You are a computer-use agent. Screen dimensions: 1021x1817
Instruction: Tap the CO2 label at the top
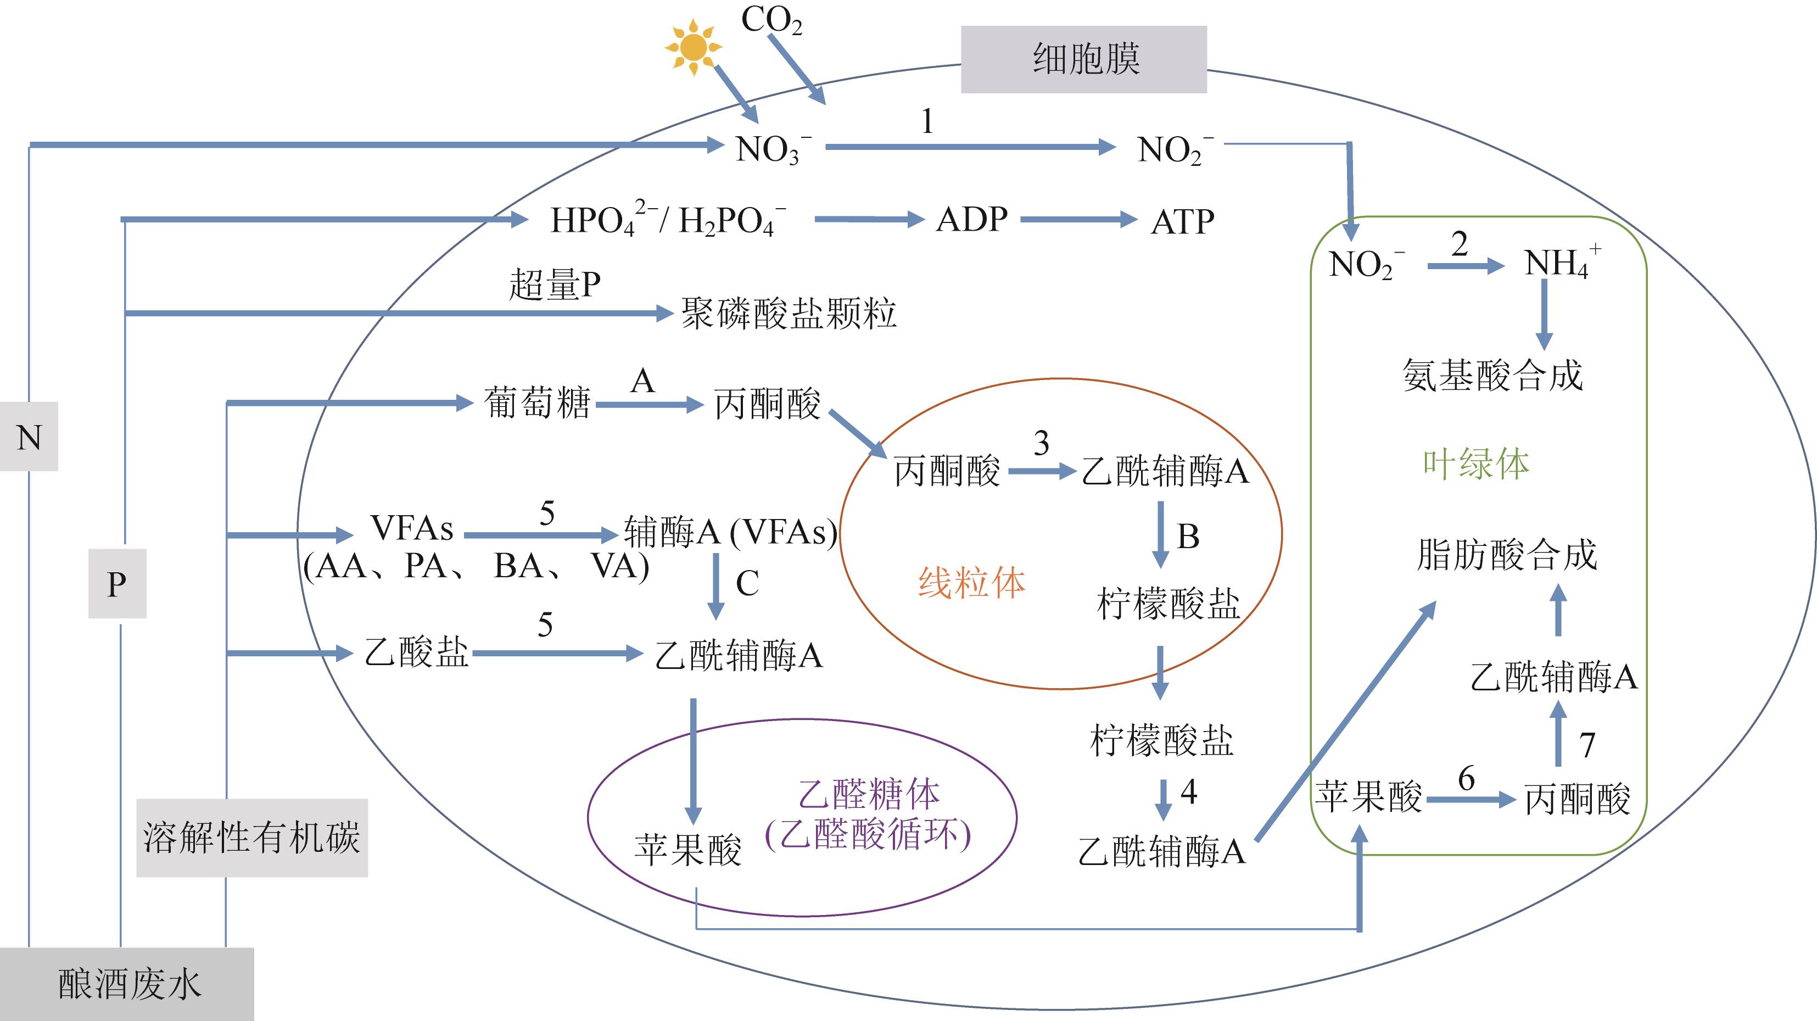771,20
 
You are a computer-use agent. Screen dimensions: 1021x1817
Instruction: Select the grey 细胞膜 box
1083,59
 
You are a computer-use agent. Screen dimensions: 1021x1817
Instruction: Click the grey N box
29,437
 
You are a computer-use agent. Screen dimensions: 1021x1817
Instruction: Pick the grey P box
117,583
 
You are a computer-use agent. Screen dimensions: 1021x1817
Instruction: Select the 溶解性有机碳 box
252,838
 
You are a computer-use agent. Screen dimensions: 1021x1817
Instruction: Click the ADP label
971,220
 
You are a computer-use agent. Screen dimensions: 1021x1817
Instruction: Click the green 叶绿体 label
1475,464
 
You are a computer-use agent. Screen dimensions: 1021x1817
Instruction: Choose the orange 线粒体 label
971,583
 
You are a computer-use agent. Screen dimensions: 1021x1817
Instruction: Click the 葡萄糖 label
537,404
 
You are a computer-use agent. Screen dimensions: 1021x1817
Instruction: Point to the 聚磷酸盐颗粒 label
789,313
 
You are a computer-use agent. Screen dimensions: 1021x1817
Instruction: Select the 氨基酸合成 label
1492,375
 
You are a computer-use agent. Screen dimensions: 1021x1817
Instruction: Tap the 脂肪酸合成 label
1507,555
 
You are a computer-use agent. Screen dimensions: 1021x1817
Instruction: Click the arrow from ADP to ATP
1077,220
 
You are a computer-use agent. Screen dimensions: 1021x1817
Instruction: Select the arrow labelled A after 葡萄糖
649,405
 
